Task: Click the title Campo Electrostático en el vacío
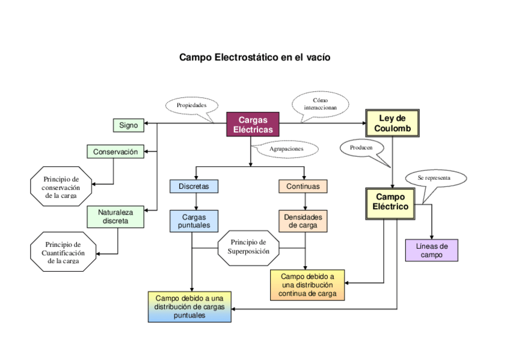(254, 58)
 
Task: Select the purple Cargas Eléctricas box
(253, 125)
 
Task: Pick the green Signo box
(128, 126)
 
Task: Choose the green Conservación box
(115, 152)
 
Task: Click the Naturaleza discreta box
(115, 216)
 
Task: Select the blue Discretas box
(194, 186)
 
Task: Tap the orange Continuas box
(303, 186)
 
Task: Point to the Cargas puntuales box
(194, 221)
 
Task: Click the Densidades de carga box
(303, 221)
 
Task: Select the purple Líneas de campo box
(431, 250)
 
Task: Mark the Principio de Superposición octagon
(248, 247)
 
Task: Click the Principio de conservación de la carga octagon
(61, 187)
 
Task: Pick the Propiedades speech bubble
(192, 105)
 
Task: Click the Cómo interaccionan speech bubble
(321, 103)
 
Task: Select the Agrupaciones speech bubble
(286, 148)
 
